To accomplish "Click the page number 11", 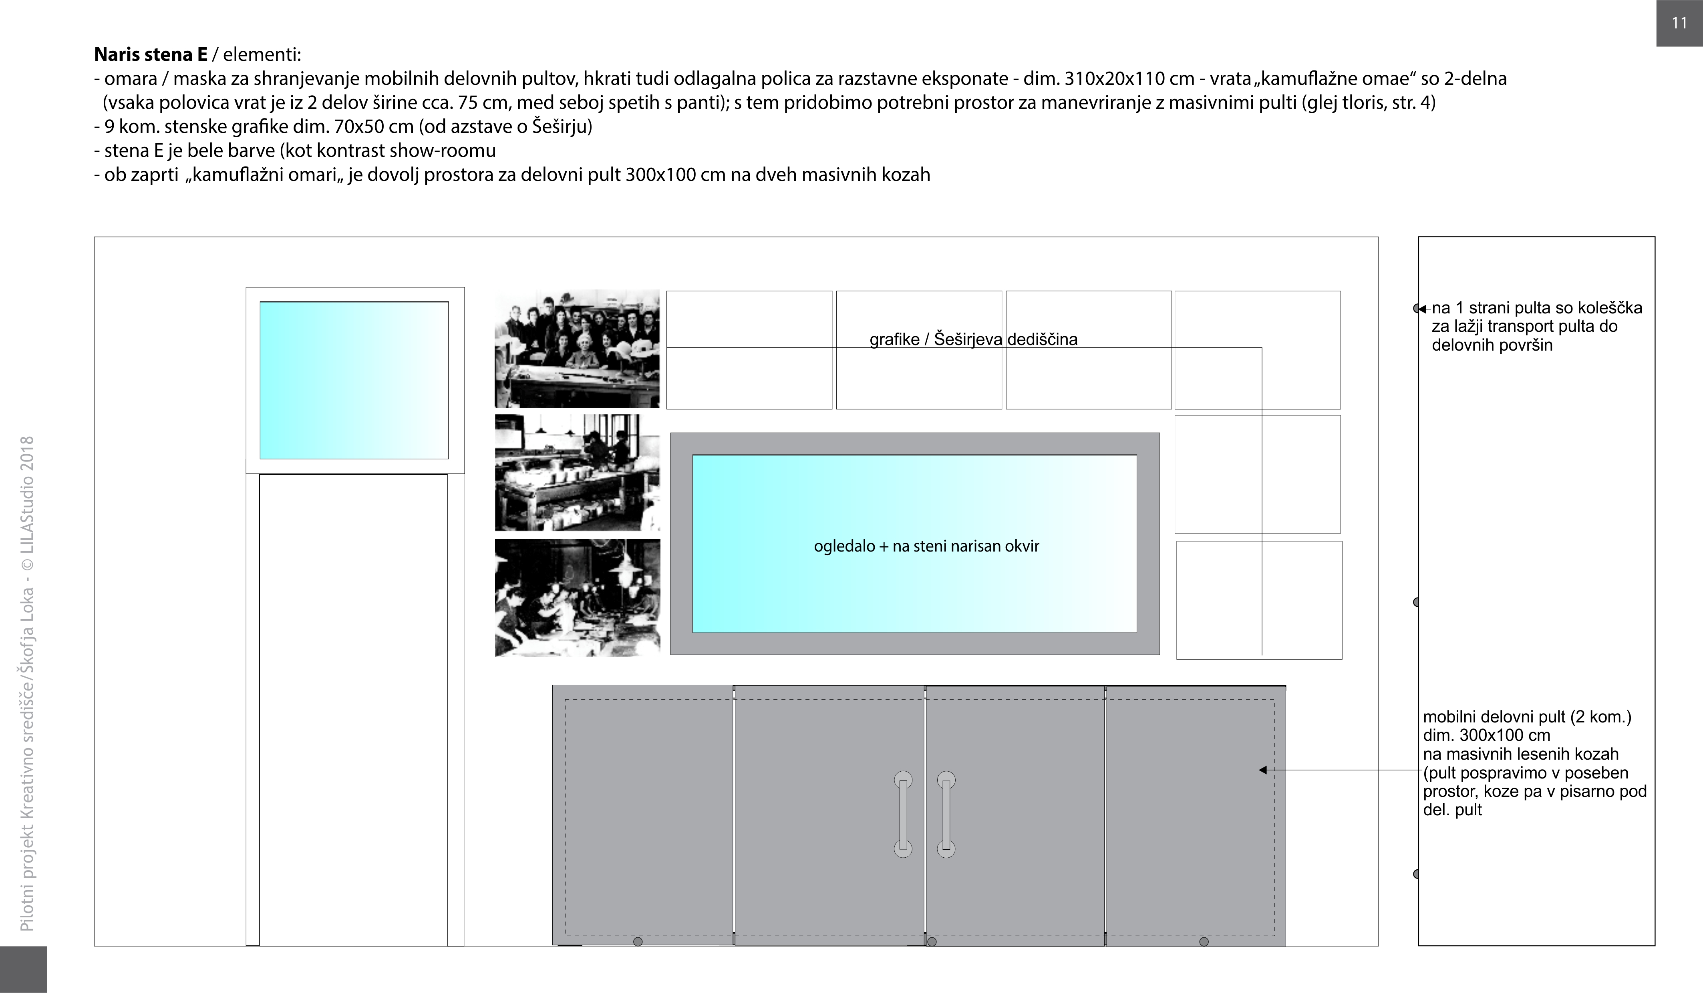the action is [x=1679, y=23].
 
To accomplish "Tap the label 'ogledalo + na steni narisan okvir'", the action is [x=926, y=546].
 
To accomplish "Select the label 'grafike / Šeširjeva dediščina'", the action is [x=973, y=339].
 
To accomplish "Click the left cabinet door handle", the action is [x=903, y=814].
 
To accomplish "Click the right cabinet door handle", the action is [x=946, y=814].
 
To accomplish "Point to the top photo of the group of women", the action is [x=577, y=349].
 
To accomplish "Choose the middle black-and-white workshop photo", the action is [x=577, y=473].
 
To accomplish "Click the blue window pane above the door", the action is [x=354, y=380].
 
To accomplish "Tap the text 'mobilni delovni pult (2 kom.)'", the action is [x=1527, y=717].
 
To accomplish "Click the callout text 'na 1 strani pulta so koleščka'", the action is [x=1537, y=308].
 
